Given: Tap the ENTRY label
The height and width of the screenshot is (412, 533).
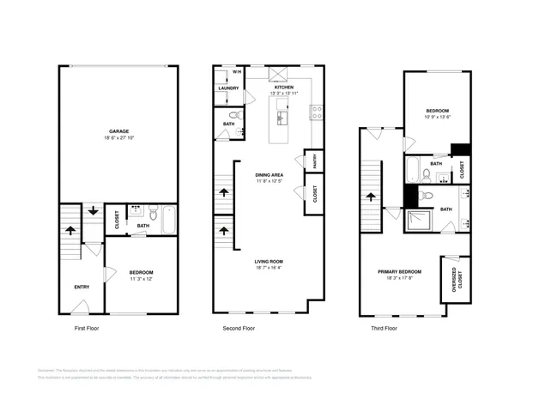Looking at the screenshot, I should [82, 288].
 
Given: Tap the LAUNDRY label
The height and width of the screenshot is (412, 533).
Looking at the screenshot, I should [228, 88].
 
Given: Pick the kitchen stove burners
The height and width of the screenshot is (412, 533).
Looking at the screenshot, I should [316, 110].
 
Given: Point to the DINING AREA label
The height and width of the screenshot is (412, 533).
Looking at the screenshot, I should [269, 174].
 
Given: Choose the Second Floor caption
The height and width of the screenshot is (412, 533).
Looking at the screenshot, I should [238, 329].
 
